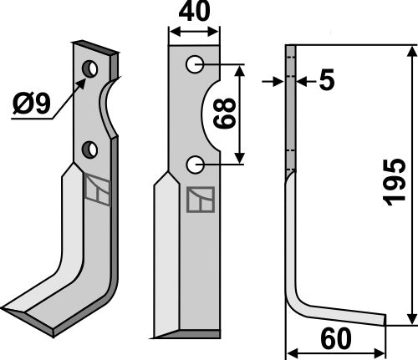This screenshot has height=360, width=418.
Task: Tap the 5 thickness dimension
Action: coord(325,80)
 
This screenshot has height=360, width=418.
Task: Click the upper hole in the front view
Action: coord(195,63)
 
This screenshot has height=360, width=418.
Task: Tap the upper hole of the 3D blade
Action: coord(90,67)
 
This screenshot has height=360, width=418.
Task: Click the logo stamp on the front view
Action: coord(201,200)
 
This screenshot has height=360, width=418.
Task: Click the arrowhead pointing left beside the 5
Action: coord(301,81)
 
